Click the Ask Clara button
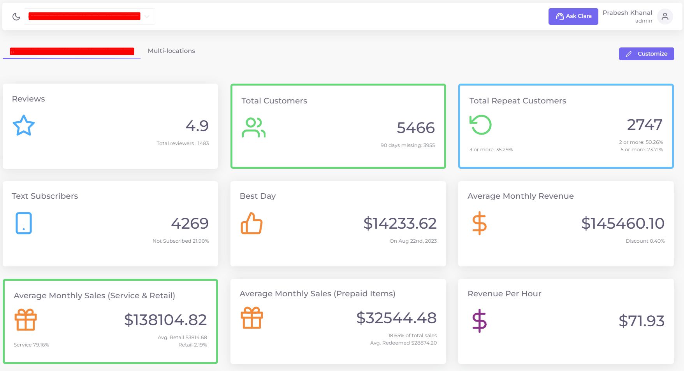(x=573, y=16)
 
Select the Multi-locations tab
(x=171, y=51)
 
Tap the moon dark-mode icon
(x=16, y=17)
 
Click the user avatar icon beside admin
(x=665, y=17)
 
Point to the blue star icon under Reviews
(x=24, y=125)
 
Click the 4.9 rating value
(x=197, y=126)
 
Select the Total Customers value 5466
(x=415, y=128)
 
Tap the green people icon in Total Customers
(x=253, y=128)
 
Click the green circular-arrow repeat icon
(x=480, y=125)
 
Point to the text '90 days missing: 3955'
(x=408, y=145)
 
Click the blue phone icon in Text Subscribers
(x=24, y=223)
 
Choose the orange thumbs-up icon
(x=251, y=223)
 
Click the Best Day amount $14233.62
(x=400, y=223)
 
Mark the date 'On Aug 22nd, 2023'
(x=413, y=241)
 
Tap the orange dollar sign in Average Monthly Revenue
(x=479, y=223)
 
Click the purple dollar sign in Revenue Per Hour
(x=479, y=321)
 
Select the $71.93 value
(x=641, y=321)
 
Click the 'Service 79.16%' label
(x=31, y=345)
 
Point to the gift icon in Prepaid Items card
(x=252, y=318)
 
